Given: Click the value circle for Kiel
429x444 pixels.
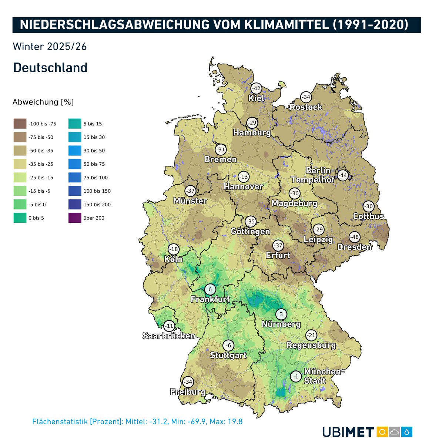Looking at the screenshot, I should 256,89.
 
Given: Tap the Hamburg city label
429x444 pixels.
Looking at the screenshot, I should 252,133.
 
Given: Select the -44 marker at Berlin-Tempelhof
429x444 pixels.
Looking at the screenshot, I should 343,175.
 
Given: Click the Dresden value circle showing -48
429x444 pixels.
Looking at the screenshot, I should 355,237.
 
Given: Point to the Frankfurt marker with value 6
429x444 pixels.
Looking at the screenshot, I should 210,289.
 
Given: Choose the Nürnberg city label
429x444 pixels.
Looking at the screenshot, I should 281,324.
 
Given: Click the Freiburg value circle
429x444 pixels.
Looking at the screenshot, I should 188,382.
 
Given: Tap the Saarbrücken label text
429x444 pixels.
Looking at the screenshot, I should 169,336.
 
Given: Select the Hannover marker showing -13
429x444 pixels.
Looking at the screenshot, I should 244,177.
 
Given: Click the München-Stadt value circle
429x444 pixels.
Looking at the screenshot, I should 295,377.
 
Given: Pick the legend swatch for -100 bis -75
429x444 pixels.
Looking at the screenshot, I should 20,124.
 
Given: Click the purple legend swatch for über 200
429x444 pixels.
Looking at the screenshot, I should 75,218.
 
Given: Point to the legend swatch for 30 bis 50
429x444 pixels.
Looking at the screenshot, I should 75,151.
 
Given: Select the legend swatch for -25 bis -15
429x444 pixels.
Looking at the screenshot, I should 20,178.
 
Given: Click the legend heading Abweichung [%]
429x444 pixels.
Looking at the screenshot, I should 43,102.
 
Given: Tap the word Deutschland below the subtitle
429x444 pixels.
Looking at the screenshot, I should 50,68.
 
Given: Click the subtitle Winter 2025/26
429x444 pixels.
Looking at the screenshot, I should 50,47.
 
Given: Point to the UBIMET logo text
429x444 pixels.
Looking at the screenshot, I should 348,432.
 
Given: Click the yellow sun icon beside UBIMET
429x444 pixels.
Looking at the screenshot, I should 382,432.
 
